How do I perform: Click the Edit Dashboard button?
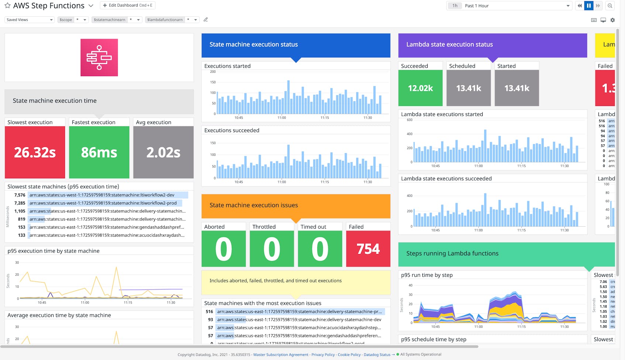(127, 6)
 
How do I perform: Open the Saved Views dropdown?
(30, 20)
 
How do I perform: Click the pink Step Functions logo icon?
(99, 58)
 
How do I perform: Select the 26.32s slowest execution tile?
(35, 152)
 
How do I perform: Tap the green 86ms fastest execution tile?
(99, 152)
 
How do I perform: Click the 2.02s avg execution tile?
(163, 152)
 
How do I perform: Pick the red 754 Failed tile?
(368, 248)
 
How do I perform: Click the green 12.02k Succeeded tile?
(420, 88)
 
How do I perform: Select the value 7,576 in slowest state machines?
(20, 195)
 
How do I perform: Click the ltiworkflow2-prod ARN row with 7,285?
(103, 203)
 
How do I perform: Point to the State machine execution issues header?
(296, 205)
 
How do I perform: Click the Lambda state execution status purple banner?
(492, 45)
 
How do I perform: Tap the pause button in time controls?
(589, 6)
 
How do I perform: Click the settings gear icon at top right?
(612, 20)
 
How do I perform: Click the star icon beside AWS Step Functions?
(7, 6)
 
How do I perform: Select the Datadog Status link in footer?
(377, 355)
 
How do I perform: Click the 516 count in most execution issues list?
(210, 312)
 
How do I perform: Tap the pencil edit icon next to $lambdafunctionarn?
(206, 20)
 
